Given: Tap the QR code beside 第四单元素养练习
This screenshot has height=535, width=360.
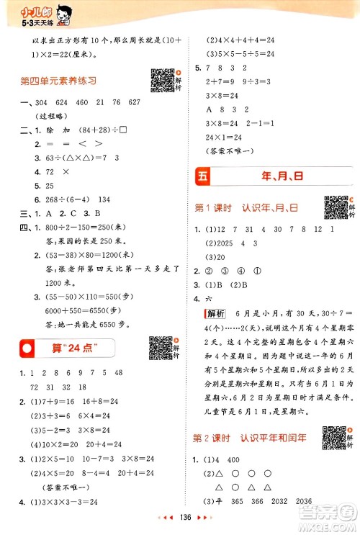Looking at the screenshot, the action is point(161,79).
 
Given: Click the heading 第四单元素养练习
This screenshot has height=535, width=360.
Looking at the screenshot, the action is point(58,81).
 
